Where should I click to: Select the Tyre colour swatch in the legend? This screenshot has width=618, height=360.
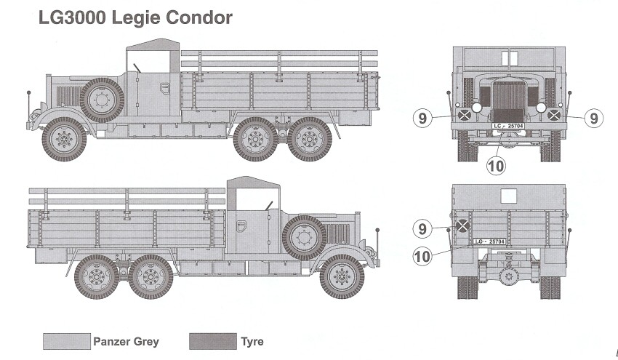point(212,341)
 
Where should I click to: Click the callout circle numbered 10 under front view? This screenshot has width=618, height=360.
point(494,166)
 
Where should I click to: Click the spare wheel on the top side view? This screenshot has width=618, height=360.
point(102,99)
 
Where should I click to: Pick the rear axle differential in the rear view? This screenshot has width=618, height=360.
point(509,276)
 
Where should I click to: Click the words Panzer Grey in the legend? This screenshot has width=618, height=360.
point(126,341)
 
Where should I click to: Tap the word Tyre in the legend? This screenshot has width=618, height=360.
point(252,341)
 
